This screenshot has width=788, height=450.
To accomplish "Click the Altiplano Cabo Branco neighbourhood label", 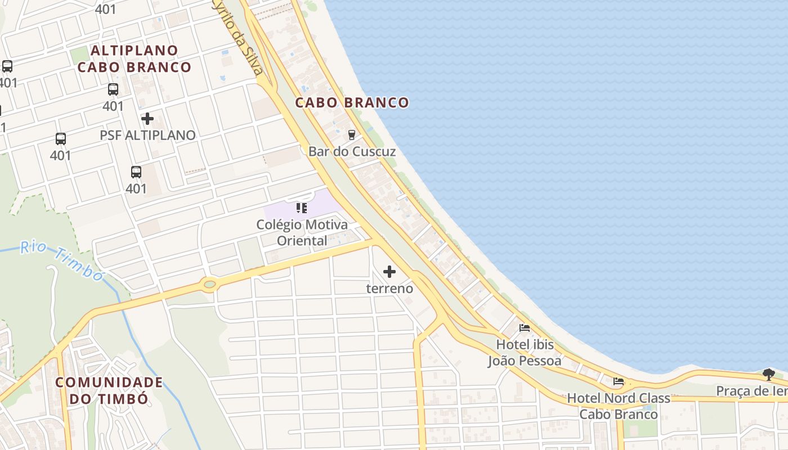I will coord(135,58).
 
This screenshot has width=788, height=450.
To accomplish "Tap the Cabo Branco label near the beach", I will coord(352,102).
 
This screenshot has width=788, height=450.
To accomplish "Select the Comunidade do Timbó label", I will coord(109,390).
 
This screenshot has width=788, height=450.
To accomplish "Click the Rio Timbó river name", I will coord(62,260).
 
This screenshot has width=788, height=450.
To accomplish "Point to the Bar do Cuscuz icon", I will coord(352,134).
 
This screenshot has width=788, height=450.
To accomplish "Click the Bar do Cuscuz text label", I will coord(352,151).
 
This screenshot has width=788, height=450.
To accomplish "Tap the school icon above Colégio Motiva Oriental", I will coord(302,208).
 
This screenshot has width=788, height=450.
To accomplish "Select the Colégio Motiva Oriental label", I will coord(302,232).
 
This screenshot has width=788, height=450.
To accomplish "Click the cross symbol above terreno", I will coord(389,272).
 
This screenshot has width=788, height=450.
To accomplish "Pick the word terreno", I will coord(389,289).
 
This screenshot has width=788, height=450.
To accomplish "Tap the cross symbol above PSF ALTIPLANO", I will coord(147,119).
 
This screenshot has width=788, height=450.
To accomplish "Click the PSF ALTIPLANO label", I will coord(147,135).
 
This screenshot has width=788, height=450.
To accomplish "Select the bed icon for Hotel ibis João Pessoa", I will coord(525,327).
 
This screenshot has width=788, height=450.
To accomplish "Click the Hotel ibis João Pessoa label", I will coord(525,352).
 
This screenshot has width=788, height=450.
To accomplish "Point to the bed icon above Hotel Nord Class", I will coord(619,381).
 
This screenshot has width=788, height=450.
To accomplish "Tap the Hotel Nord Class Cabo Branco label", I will coord(619,406).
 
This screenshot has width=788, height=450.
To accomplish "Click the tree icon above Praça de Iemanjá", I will coord(768,374).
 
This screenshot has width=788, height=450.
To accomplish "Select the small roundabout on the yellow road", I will coord(209,284).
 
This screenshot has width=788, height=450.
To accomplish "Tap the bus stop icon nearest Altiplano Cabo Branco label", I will coord(113,89).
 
